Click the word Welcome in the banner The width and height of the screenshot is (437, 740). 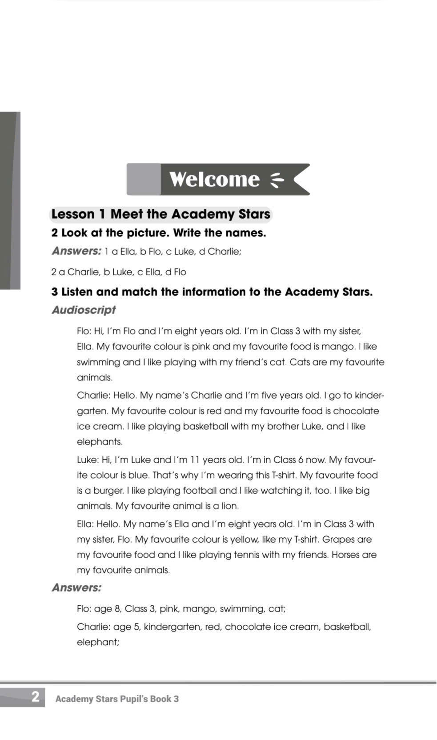click(x=214, y=179)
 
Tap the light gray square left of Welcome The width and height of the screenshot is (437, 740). click(x=144, y=179)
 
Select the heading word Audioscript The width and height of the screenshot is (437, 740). click(x=84, y=310)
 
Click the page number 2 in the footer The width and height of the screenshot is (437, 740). click(x=36, y=696)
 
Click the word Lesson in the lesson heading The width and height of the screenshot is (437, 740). click(x=73, y=214)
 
